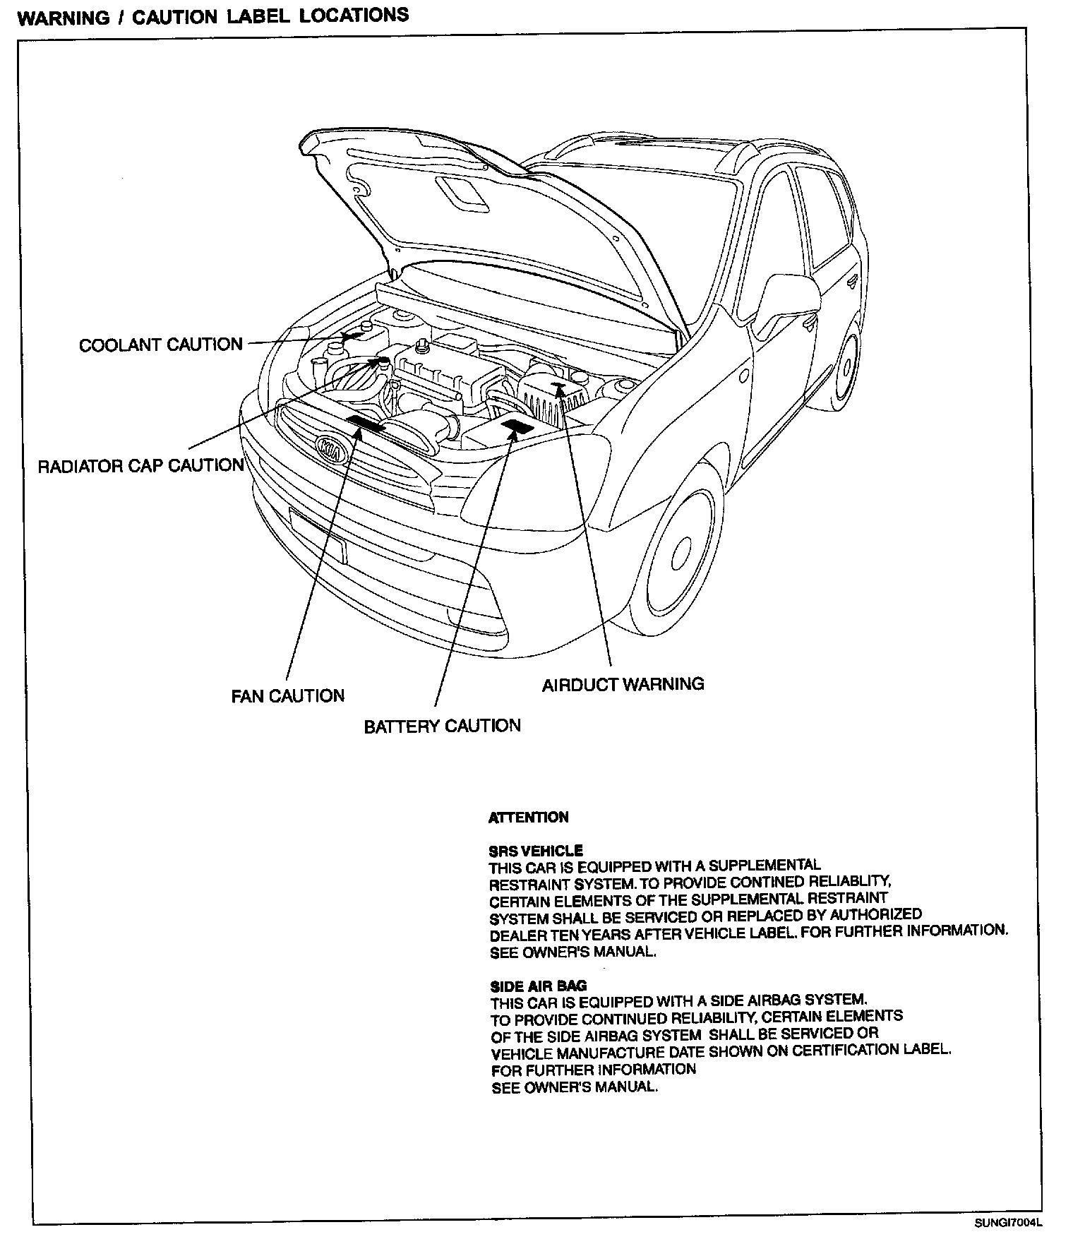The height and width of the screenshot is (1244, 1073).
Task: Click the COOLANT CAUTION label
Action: point(160,345)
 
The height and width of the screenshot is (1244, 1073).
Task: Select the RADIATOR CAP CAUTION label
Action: point(140,465)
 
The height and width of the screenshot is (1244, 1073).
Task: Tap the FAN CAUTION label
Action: point(288,695)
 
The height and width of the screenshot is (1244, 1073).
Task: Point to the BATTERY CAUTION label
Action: point(442,726)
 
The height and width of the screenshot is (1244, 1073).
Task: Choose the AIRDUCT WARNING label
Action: point(623,683)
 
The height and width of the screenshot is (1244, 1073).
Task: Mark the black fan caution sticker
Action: point(365,423)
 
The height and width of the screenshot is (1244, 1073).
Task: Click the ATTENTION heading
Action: point(529,818)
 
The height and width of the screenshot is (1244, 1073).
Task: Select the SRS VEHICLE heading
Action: point(536,851)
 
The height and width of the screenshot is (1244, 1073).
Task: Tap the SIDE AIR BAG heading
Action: point(539,986)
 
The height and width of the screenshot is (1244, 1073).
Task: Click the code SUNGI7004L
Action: point(1007,1224)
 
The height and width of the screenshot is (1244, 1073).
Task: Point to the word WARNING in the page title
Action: point(63,18)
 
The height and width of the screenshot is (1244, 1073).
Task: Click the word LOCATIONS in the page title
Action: point(354,16)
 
